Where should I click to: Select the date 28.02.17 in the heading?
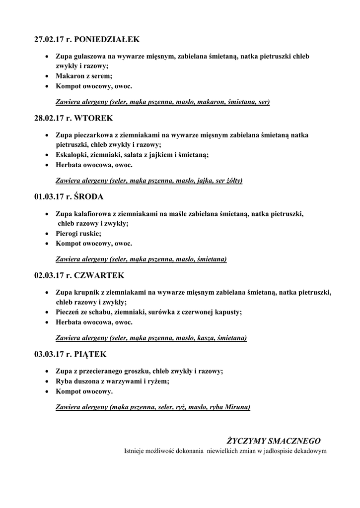click(x=49, y=118)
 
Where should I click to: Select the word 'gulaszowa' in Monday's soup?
click(x=90, y=56)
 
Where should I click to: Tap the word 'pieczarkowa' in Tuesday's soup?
click(x=94, y=135)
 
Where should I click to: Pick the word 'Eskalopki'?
click(x=72, y=155)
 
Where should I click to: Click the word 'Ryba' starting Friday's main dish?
click(x=64, y=381)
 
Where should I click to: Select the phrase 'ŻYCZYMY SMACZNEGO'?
click(x=274, y=441)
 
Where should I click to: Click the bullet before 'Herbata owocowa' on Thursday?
click(x=46, y=322)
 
